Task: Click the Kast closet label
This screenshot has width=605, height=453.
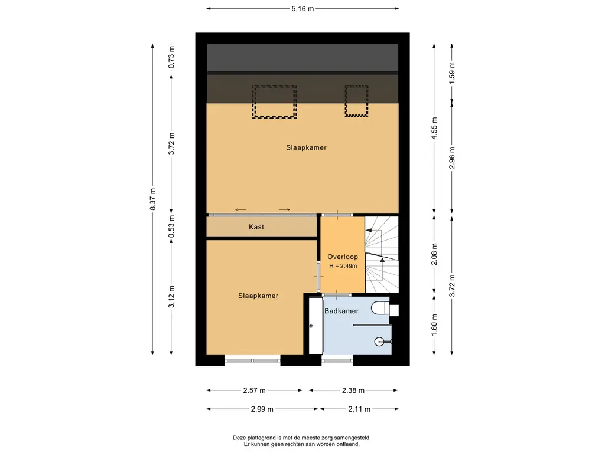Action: coord(256,227)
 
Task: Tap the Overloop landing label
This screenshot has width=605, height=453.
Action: coord(343,257)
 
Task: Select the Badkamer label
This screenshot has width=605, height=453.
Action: coord(341,311)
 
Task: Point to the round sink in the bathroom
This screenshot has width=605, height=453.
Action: coord(380,341)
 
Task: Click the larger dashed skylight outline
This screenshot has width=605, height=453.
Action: coord(274,101)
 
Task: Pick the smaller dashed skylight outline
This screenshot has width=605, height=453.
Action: coord(356,101)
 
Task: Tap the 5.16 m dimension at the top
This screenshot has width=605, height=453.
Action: coord(302,8)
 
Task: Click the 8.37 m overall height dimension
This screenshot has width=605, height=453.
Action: coord(153,199)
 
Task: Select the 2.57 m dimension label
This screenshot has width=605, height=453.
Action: coord(254,390)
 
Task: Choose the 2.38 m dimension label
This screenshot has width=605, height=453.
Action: coord(353,390)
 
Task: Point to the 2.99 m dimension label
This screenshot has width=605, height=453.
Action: coord(262,409)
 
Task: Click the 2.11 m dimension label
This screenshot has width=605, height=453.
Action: coord(359,409)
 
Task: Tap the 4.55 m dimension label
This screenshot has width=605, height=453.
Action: coord(434,129)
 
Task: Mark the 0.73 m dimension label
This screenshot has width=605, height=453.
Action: coord(172,57)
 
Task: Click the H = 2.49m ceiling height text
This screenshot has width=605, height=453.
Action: coord(343,266)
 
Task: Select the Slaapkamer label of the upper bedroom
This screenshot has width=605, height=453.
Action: coord(307,147)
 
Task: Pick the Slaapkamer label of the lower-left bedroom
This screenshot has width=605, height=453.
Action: coord(258,296)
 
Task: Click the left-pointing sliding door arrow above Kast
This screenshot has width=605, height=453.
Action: coord(241,209)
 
